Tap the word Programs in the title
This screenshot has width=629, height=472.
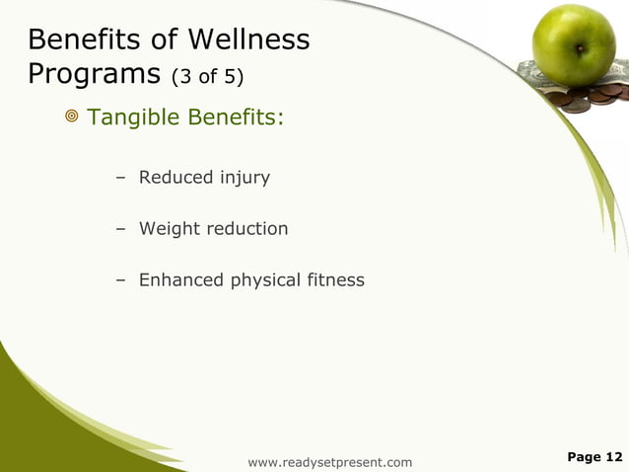pyautogui.click(x=94, y=75)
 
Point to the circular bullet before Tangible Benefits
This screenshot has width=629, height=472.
pyautogui.click(x=72, y=118)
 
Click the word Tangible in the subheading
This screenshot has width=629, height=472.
pyautogui.click(x=131, y=118)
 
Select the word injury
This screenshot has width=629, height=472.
pyautogui.click(x=245, y=178)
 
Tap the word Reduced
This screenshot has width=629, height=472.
pyautogui.click(x=176, y=178)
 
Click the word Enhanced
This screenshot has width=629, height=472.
pyautogui.click(x=181, y=280)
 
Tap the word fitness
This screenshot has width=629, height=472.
pyautogui.click(x=334, y=280)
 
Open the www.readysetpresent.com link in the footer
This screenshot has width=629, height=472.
pyautogui.click(x=330, y=462)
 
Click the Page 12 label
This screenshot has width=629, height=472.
pyautogui.click(x=594, y=456)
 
